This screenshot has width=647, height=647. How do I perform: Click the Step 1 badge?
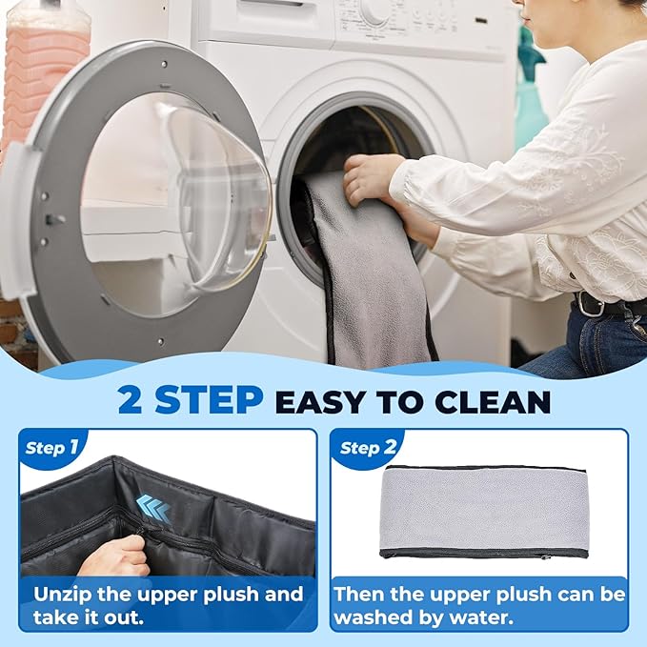(51, 448)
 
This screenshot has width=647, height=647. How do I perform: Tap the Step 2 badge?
(368, 448)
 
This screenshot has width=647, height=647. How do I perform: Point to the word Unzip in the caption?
(61, 596)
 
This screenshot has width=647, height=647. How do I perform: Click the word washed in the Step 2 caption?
(371, 617)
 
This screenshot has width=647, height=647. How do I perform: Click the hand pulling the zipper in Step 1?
(114, 556)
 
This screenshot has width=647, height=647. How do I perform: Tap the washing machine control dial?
(374, 11)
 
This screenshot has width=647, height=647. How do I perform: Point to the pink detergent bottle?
(45, 74)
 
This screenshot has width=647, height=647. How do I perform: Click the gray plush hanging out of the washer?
(367, 268)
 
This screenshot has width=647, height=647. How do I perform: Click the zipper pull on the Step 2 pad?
(548, 557)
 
